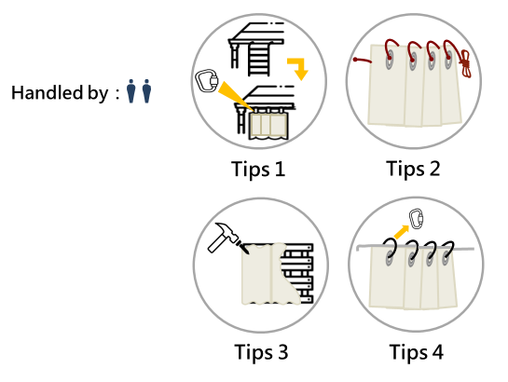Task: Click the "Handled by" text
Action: click(60, 93)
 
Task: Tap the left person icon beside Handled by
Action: click(130, 91)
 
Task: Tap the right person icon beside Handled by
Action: click(146, 91)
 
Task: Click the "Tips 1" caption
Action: click(258, 170)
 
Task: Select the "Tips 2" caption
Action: click(413, 170)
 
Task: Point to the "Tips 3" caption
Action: click(261, 352)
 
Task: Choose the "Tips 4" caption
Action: click(417, 352)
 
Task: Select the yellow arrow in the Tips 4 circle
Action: click(401, 232)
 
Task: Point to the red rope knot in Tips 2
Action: click(465, 63)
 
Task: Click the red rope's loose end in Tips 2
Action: click(363, 61)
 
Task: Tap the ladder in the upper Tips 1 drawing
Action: click(259, 59)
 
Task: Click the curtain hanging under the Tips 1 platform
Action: click(268, 126)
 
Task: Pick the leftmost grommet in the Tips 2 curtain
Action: click(390, 60)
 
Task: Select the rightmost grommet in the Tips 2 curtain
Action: click(448, 60)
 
